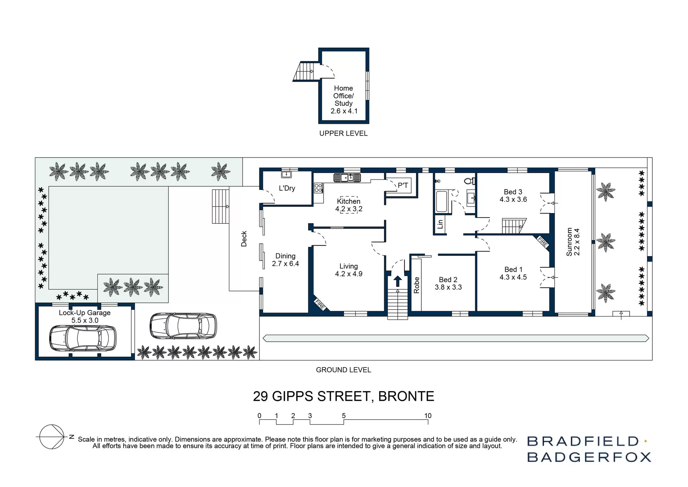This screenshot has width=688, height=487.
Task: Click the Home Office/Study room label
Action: click(x=343, y=99)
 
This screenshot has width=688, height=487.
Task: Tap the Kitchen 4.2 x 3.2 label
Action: click(x=348, y=205)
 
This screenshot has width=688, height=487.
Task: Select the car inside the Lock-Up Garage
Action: click(x=83, y=338)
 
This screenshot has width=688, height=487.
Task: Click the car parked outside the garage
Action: click(x=183, y=326)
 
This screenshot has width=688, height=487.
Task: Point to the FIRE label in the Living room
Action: click(x=320, y=304)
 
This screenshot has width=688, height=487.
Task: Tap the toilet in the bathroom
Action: click(x=469, y=181)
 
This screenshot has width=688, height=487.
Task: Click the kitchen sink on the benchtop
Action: click(x=347, y=177)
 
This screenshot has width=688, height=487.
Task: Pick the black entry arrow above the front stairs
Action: click(x=397, y=281)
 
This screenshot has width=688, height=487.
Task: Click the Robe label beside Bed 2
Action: click(x=416, y=285)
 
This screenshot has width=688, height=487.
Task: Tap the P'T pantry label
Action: click(x=403, y=186)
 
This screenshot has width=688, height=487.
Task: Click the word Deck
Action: click(x=244, y=239)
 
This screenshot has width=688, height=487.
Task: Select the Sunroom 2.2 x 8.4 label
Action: click(x=573, y=242)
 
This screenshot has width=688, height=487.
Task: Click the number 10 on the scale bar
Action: click(x=428, y=416)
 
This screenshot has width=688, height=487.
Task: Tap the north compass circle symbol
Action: click(x=52, y=437)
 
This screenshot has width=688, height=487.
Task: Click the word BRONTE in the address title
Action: click(x=406, y=396)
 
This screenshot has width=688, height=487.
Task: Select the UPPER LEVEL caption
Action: click(x=343, y=134)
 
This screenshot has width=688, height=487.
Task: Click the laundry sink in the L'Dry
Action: click(x=286, y=175)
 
